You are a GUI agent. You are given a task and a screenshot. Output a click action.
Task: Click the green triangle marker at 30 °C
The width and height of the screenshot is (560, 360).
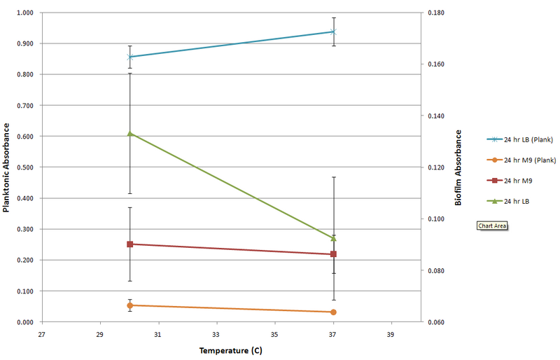click(x=129, y=133)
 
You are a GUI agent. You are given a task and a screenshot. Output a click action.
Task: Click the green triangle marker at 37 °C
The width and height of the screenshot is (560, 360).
click(x=333, y=238)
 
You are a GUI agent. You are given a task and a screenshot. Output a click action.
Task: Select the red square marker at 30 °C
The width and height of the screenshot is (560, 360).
click(x=129, y=244)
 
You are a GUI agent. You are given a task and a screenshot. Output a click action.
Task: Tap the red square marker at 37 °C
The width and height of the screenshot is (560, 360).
click(x=333, y=254)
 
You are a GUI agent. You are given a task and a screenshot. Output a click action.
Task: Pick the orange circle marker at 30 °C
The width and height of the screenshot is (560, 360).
click(x=129, y=305)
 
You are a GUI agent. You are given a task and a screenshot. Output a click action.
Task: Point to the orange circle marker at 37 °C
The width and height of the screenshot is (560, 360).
click(x=333, y=312)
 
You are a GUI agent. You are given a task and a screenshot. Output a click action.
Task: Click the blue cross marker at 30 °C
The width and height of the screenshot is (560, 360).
click(x=129, y=57)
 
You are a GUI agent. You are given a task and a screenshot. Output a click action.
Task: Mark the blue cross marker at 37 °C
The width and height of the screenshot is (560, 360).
click(x=333, y=32)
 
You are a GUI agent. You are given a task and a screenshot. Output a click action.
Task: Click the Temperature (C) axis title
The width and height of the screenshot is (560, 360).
click(x=231, y=350)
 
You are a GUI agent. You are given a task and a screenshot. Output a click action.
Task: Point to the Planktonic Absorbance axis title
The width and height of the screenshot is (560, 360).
click(x=6, y=167)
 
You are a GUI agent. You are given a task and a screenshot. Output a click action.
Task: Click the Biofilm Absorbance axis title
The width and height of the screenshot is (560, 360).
click(x=458, y=167)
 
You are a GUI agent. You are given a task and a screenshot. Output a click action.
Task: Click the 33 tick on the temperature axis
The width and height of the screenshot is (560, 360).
click(x=216, y=333)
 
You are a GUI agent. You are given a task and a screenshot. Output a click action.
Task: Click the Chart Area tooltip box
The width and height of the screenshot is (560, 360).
click(x=492, y=226)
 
